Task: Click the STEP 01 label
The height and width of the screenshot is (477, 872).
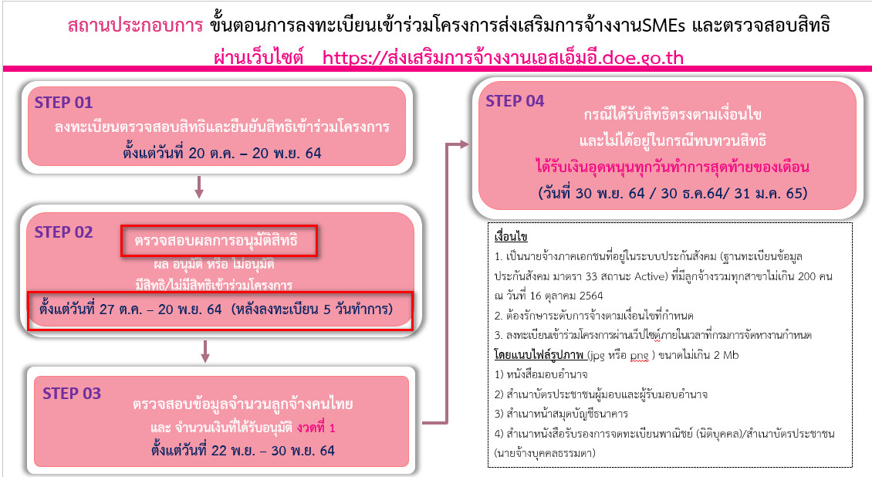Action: click(x=63, y=102)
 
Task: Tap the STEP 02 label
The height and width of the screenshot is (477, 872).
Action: click(x=63, y=232)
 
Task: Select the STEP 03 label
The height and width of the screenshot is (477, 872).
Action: click(x=72, y=394)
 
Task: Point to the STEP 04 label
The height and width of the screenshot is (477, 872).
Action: click(x=515, y=101)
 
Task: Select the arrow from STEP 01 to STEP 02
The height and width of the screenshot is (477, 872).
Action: click(x=199, y=186)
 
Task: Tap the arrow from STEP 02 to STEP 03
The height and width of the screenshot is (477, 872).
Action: click(x=205, y=350)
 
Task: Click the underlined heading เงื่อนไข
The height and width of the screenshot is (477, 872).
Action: click(x=511, y=235)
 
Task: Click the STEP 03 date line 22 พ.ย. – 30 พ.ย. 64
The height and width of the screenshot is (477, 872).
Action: click(x=221, y=449)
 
